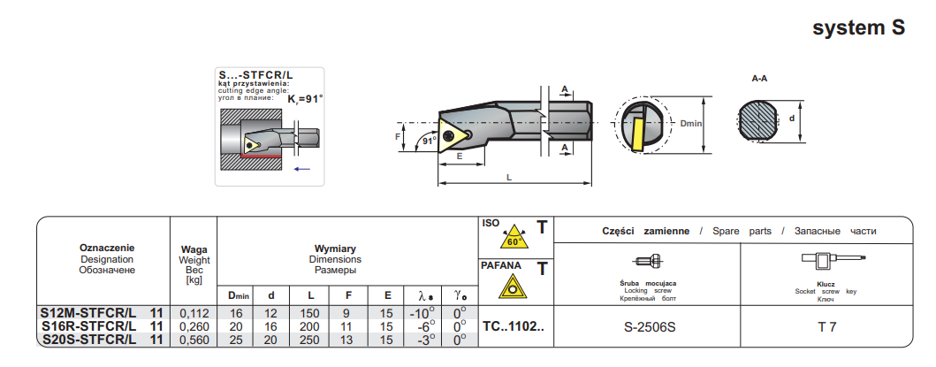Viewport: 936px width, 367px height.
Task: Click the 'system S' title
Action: click(858, 28)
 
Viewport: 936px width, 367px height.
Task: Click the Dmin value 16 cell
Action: click(235, 313)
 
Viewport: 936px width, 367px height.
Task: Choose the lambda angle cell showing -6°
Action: click(422, 326)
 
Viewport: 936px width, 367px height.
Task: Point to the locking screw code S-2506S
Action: click(650, 327)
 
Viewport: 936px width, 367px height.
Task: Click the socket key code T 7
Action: click(826, 327)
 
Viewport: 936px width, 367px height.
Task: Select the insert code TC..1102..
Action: click(514, 326)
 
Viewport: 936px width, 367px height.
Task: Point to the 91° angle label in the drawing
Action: click(429, 141)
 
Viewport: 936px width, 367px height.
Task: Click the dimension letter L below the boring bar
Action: click(509, 178)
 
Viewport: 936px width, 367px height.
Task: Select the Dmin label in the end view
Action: click(690, 123)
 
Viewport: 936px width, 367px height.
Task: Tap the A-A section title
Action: click(759, 79)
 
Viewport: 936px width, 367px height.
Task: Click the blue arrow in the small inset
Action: click(302, 168)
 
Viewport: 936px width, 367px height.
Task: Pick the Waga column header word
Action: click(194, 249)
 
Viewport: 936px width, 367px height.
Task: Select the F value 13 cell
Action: click(349, 340)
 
